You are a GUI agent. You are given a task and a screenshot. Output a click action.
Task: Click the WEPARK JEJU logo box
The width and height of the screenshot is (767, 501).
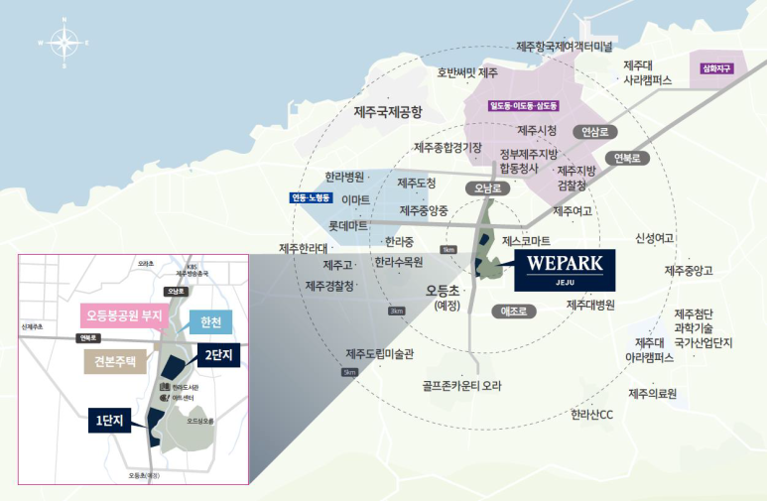(x=564, y=268)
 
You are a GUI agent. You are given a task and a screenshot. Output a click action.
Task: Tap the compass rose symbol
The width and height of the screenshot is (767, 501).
(x=64, y=43)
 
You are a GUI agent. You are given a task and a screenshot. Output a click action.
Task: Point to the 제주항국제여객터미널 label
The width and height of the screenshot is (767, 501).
(x=565, y=47)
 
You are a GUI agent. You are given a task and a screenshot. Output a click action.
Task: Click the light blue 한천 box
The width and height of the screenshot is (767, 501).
(x=210, y=322)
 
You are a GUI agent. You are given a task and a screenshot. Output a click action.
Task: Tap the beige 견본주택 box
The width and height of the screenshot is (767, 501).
(x=114, y=359)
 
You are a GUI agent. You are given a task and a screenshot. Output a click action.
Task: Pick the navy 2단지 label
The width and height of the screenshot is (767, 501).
(x=217, y=354)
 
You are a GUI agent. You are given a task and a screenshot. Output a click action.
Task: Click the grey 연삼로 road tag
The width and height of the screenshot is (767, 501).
(x=599, y=131)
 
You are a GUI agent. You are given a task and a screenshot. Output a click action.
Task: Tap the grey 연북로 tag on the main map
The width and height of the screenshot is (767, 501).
(x=629, y=158)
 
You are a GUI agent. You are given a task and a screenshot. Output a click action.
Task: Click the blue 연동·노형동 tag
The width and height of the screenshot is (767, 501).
(x=311, y=197)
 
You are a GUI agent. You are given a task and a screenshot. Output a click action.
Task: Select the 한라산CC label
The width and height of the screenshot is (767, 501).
(x=592, y=415)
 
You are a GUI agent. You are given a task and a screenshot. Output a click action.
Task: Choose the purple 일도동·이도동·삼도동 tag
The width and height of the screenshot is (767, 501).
(x=523, y=105)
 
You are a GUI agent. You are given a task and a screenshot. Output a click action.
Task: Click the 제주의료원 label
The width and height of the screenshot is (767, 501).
(x=652, y=394)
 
